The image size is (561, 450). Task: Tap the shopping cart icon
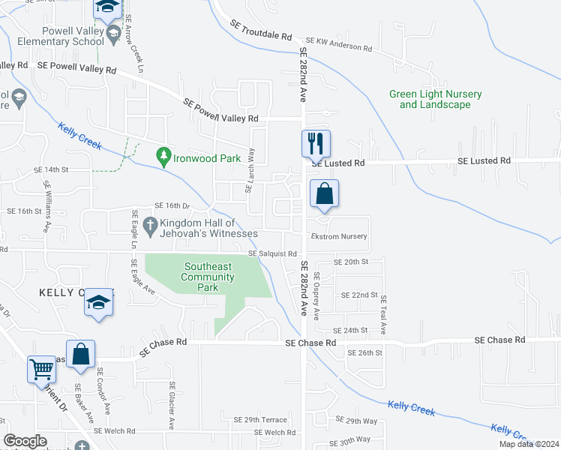point(41,369)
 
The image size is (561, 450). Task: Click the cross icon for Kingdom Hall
point(150,223)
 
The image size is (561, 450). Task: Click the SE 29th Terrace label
point(260,420)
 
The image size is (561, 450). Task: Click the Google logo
point(25,441)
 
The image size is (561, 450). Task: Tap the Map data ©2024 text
point(528,444)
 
